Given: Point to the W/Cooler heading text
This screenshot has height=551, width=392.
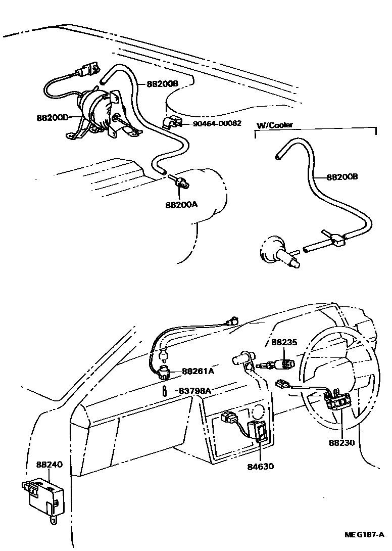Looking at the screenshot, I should point(275,125).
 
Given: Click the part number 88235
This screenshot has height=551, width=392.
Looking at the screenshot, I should point(284,342).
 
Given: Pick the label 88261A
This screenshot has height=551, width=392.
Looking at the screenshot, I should point(197,372).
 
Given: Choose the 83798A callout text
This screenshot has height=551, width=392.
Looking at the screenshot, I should point(195,391).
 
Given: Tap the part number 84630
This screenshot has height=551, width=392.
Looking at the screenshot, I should point(261,466).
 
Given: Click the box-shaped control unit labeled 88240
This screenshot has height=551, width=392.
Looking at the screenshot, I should point(43,498).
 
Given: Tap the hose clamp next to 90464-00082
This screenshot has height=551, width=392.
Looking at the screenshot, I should point(171,122).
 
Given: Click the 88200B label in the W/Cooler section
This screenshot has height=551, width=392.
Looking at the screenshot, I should point(342,177).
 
